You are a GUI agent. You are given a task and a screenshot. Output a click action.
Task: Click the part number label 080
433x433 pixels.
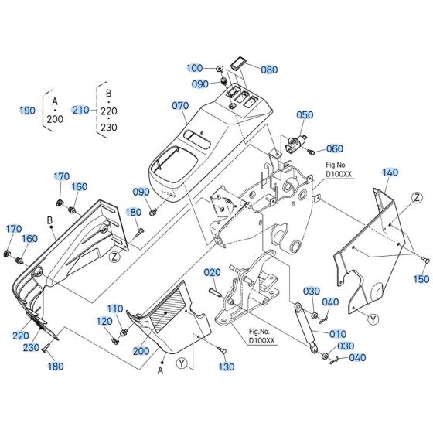click(x=269, y=68)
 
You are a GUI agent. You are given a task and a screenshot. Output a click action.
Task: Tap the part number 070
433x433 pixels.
click(x=180, y=104)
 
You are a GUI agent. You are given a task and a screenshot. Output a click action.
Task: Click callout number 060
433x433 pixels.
click(x=334, y=148)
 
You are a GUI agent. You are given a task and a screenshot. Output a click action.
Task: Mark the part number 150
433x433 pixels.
click(x=421, y=279)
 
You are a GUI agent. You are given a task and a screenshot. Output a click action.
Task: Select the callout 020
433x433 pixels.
click(x=191, y=273)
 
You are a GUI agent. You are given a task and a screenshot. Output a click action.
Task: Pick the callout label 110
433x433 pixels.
click(x=114, y=309)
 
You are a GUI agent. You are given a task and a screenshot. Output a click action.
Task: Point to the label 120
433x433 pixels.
click(x=104, y=321)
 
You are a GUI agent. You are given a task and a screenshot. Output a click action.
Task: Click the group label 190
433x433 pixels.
click(x=27, y=111)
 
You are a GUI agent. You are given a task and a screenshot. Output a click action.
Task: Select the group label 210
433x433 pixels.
click(x=81, y=111)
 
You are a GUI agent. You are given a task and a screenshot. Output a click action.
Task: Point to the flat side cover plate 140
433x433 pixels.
click(x=371, y=247)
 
